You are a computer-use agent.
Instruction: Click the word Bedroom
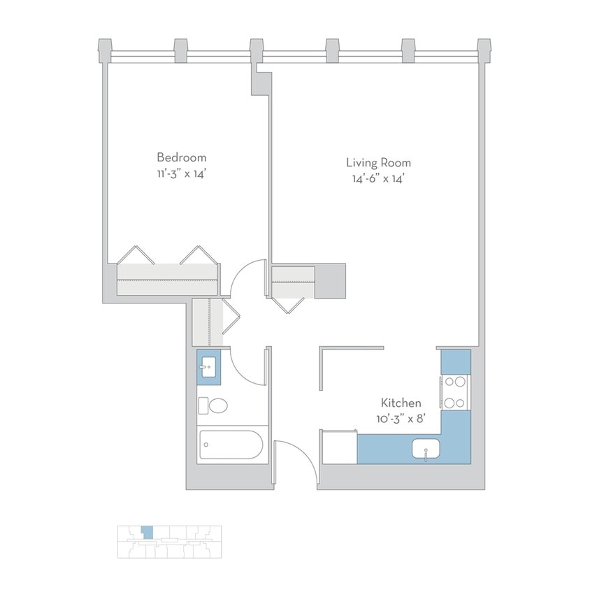point(181,157)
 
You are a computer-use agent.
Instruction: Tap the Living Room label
point(378,162)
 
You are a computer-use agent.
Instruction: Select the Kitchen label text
point(401,403)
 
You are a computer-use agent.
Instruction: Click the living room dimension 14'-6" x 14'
point(378,179)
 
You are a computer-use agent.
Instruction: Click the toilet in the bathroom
point(214,405)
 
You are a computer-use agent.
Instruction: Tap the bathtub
point(230,445)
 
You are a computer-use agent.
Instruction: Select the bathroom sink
point(208,366)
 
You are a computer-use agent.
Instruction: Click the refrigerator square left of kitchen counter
point(339,446)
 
